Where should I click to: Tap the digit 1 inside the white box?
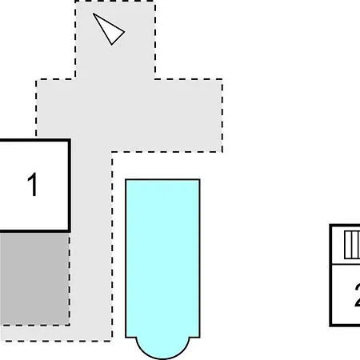32,184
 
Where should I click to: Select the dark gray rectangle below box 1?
34,278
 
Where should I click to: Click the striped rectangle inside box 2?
352,245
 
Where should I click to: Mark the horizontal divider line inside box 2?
346,264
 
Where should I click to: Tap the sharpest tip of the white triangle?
94,14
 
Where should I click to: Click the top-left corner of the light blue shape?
126,180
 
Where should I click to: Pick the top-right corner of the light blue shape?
200,180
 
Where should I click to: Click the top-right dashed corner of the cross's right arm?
222,79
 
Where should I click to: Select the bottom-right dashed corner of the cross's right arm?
222,152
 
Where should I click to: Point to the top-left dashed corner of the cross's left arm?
36,79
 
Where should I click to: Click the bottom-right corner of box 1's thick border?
70,230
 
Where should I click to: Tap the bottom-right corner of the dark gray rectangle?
70,325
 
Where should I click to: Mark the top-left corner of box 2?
330,226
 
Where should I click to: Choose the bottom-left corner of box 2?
330,325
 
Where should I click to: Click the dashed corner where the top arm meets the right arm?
155,79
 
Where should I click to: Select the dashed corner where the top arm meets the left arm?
75,79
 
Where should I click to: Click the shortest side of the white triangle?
118,38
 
